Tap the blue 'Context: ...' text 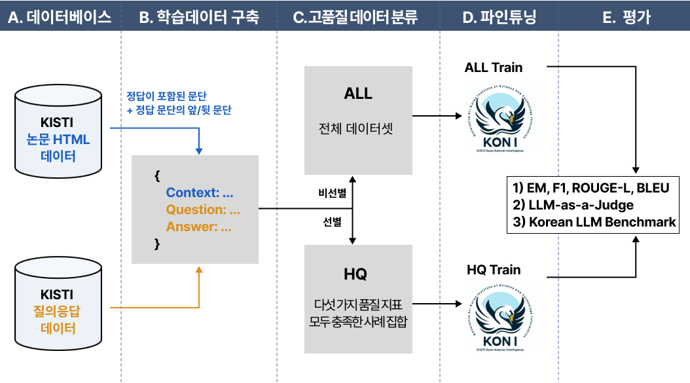[x=200, y=193]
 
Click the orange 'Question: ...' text [x=203, y=210]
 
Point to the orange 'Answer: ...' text [x=198, y=227]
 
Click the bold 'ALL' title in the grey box [x=358, y=94]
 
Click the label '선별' [x=333, y=222]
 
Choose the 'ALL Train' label [x=494, y=67]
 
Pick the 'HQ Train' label [x=494, y=270]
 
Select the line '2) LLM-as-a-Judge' [x=573, y=205]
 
